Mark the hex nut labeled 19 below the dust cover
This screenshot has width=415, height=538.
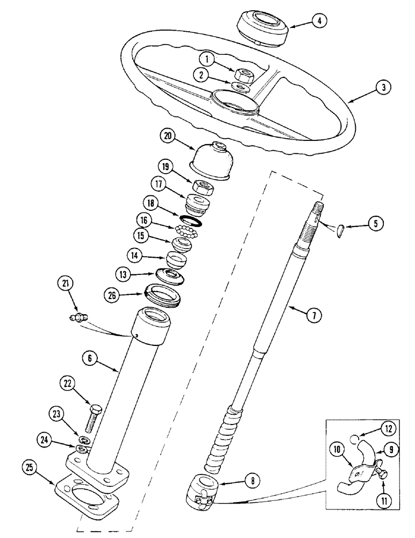(x=203, y=188)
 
